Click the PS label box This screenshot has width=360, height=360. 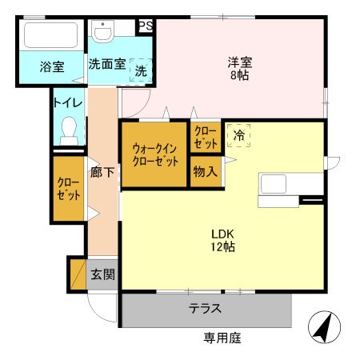146,26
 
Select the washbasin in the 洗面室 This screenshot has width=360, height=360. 103,33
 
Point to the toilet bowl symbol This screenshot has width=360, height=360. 69,129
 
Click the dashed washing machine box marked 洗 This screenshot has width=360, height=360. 141,70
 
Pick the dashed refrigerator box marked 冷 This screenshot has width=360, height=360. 238,136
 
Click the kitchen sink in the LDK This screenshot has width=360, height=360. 277,183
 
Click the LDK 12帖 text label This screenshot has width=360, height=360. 222,240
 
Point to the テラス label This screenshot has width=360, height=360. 205,309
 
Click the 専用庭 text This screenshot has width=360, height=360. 222,338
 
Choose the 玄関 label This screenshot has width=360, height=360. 102,274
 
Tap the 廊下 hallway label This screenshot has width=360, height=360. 102,170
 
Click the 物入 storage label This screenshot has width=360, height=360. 205,171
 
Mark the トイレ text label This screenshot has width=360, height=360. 68,102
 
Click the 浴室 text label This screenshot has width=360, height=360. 52,67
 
